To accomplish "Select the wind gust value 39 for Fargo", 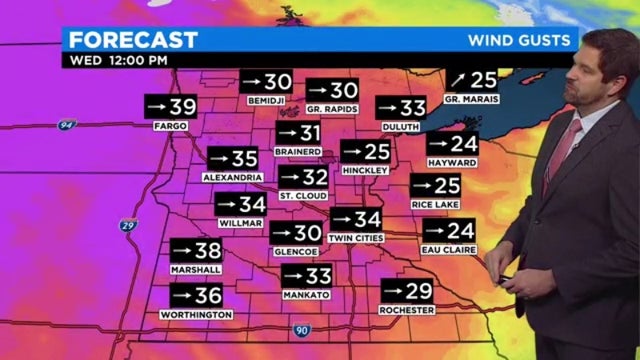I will [x=171, y=107].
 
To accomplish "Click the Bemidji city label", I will [x=265, y=101].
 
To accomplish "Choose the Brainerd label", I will [x=298, y=151].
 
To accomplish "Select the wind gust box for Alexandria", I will [x=233, y=158].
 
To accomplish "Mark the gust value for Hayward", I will [x=451, y=144].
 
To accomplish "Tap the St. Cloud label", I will [x=298, y=195].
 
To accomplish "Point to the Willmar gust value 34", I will [x=241, y=204].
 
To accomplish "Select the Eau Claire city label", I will [x=449, y=249].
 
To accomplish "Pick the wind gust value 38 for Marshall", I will [x=195, y=251].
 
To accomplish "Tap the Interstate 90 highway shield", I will [x=302, y=329].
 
